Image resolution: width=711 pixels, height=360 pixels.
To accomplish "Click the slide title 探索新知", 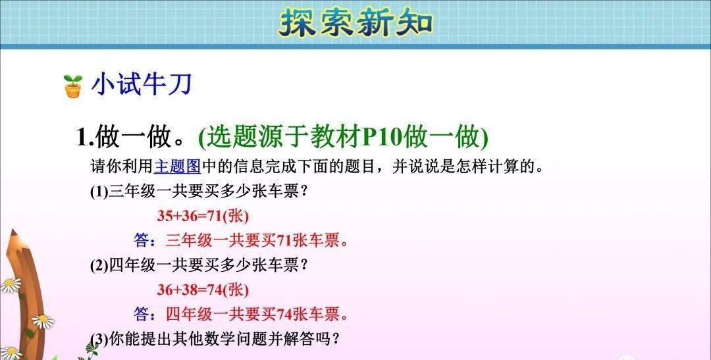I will (355, 24).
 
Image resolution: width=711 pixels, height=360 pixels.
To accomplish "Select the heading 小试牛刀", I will (142, 84).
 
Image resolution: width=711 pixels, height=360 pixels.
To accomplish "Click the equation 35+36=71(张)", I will (203, 216).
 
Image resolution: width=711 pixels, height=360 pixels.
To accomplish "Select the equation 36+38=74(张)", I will (203, 290).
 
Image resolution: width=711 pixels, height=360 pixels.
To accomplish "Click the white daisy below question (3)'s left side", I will (43, 321).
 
